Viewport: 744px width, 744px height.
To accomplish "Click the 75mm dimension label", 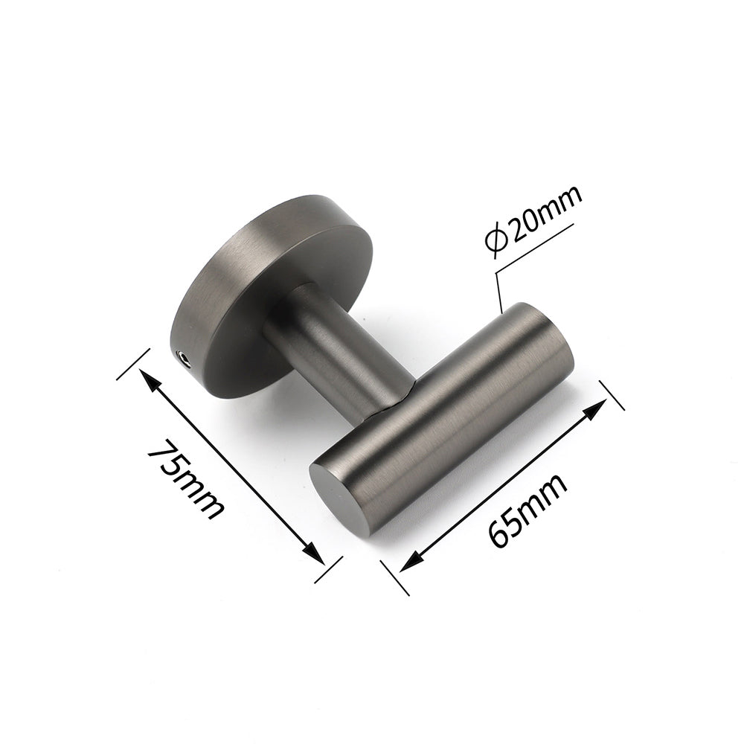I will coord(185,481).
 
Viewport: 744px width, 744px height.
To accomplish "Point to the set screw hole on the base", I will coord(185,359).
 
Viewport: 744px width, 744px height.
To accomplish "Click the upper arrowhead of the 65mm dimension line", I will coord(600,407).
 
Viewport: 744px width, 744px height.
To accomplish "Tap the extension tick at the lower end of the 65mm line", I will coord(395,577).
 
